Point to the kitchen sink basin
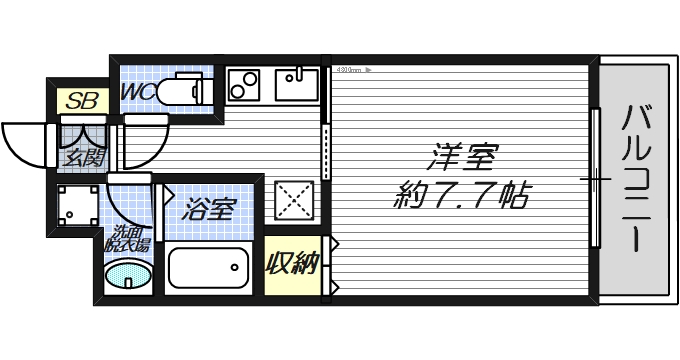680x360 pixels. (x=296, y=84)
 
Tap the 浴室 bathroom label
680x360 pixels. (x=210, y=209)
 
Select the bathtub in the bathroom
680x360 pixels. (x=208, y=268)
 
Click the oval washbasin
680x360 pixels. (x=128, y=274)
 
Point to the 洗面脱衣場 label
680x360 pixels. (x=128, y=240)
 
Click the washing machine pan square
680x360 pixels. (x=75, y=206)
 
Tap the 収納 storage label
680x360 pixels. (x=291, y=264)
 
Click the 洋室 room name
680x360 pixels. (x=463, y=157)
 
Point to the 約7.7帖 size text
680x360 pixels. (x=463, y=193)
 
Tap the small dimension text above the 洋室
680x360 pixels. (x=352, y=71)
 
